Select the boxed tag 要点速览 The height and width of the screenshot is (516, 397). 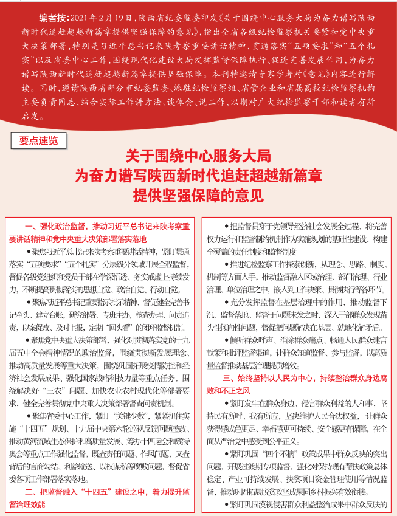click(x=38, y=140)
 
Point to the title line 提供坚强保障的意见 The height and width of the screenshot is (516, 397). click(x=198, y=196)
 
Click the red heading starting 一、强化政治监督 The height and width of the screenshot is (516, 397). click(x=103, y=227)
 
